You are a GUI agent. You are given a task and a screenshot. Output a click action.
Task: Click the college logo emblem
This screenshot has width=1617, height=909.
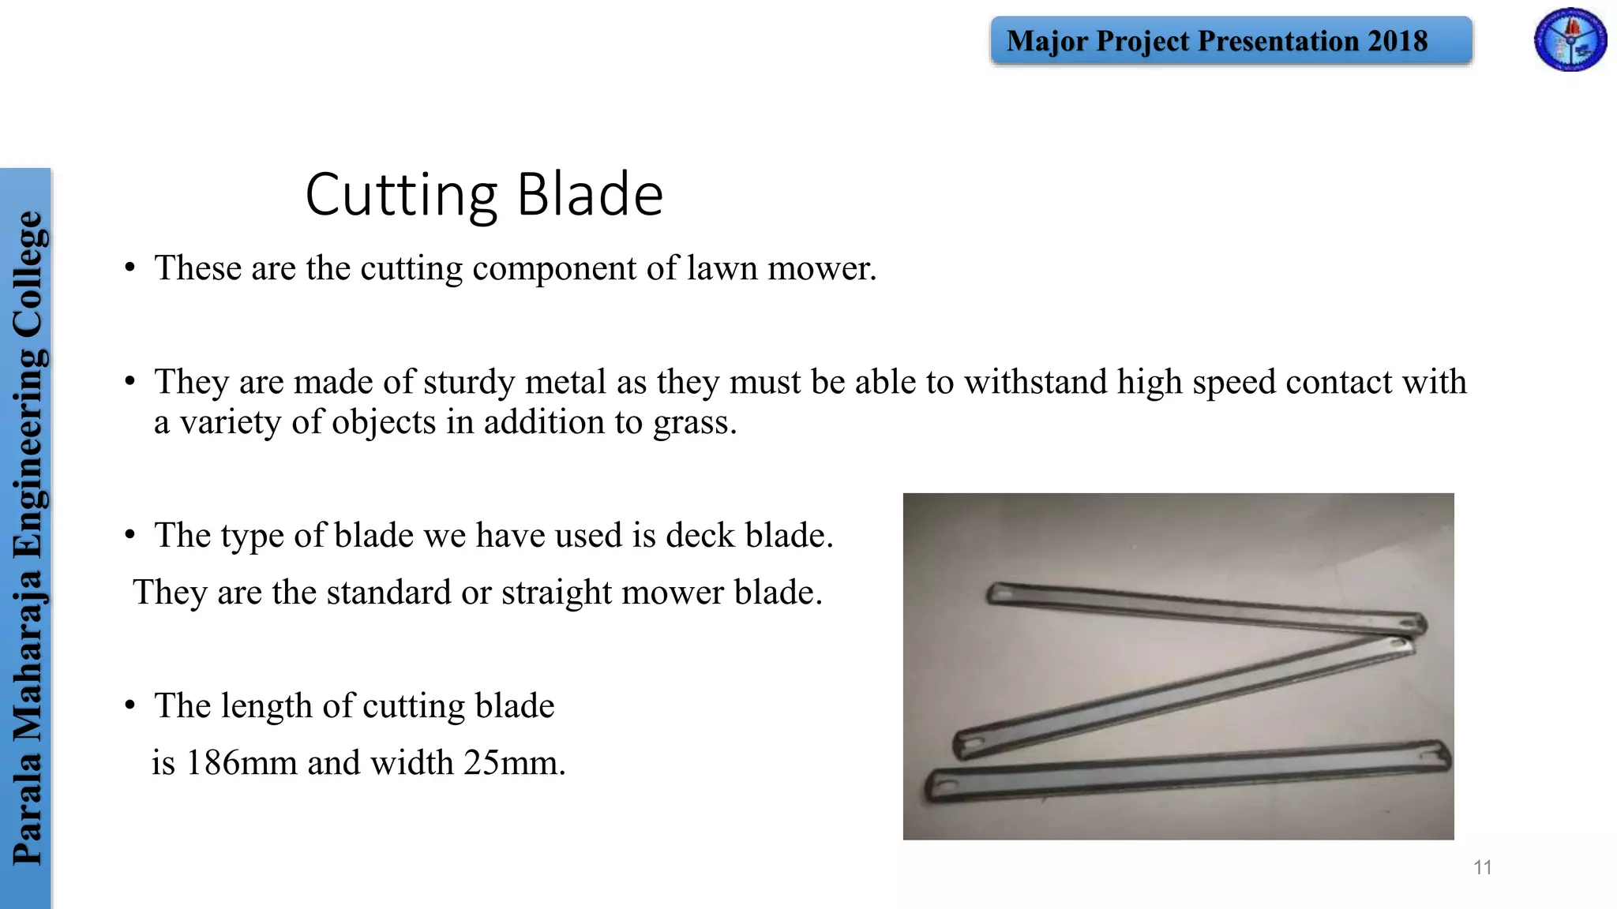(x=1570, y=39)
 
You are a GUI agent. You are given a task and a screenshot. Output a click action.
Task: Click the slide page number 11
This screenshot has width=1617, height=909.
(x=1482, y=867)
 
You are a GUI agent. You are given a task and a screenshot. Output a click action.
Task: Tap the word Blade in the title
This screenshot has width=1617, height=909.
(x=590, y=194)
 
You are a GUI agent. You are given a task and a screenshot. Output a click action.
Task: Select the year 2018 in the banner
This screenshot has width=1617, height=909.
(x=1398, y=41)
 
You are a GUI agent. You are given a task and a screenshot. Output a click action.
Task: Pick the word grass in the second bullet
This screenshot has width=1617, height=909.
(x=694, y=422)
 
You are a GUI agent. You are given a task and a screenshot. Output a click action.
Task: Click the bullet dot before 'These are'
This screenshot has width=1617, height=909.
(x=130, y=267)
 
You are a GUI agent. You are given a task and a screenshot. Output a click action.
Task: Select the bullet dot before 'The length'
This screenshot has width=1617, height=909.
(x=130, y=705)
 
